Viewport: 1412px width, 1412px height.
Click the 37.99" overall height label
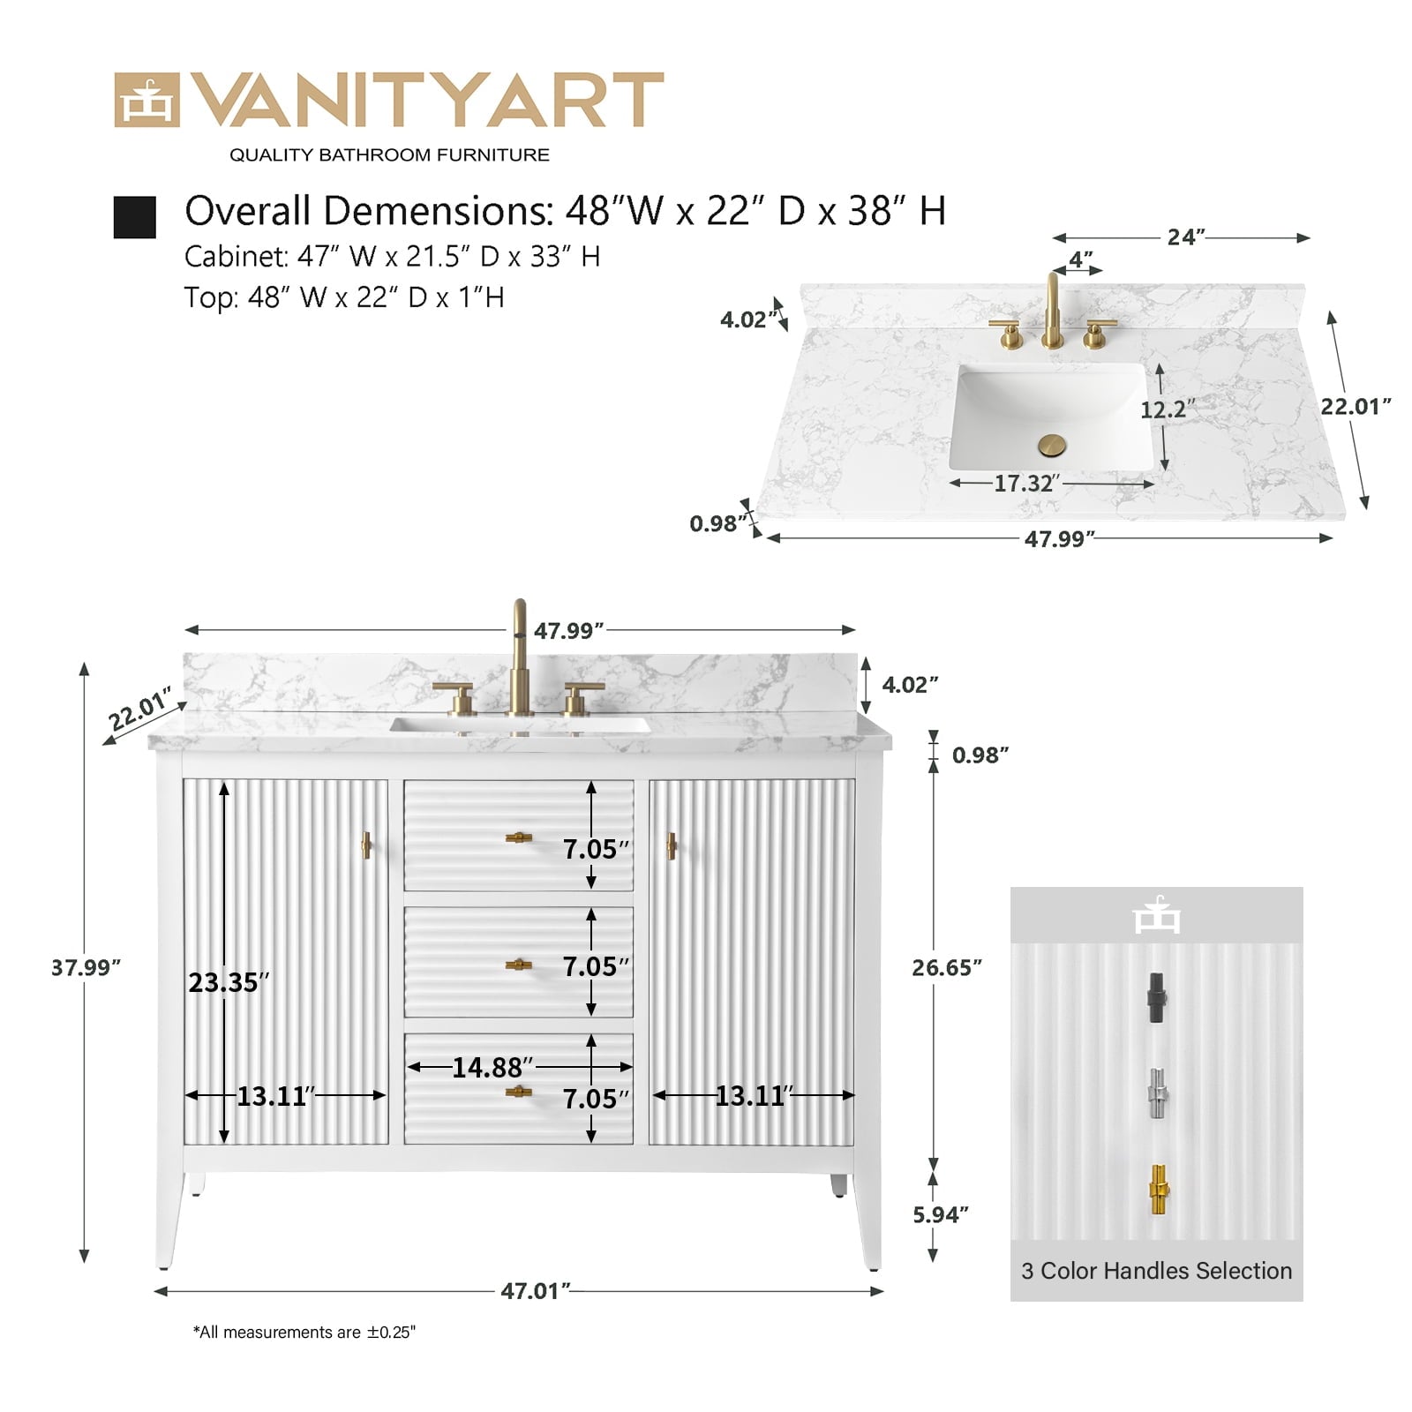(x=86, y=967)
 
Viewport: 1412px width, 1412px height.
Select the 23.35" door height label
(x=229, y=982)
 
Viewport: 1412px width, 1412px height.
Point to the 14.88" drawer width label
(x=492, y=1068)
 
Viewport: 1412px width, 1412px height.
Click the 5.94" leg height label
(x=941, y=1214)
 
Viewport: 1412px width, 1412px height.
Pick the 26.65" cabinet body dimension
(x=947, y=967)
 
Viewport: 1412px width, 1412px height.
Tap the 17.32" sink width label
(x=1027, y=484)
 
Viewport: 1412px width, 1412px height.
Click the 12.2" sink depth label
(x=1168, y=409)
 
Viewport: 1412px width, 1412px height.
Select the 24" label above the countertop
(x=1186, y=237)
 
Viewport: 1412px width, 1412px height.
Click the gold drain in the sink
(x=1052, y=445)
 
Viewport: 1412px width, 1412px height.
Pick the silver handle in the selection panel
(x=1157, y=1094)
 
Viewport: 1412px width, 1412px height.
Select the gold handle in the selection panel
(x=1159, y=1191)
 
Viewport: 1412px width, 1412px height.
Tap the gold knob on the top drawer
(x=519, y=837)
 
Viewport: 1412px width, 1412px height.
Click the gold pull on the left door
(x=366, y=845)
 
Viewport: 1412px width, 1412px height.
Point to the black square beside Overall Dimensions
(x=135, y=217)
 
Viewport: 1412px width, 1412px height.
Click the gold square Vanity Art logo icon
(x=146, y=100)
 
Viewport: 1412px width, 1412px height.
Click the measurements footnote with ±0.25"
(x=304, y=1333)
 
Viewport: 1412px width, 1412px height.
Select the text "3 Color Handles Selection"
(x=1156, y=1271)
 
